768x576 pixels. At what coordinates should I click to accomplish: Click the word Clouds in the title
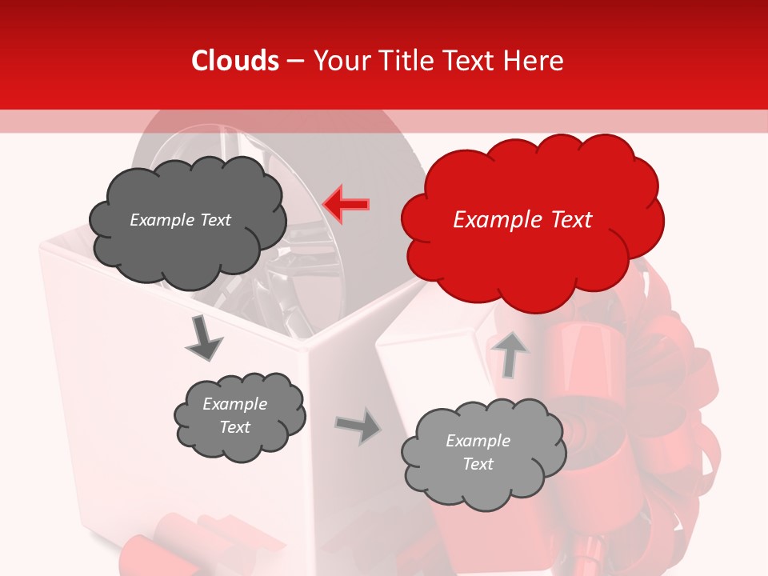tap(235, 61)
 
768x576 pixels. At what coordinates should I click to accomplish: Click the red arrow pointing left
tap(346, 204)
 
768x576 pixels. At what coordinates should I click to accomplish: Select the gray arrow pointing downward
tap(203, 338)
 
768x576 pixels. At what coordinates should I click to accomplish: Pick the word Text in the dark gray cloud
tap(216, 220)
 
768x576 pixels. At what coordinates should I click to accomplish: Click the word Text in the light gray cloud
tap(478, 464)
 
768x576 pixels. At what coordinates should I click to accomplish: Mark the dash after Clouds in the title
tap(295, 61)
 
